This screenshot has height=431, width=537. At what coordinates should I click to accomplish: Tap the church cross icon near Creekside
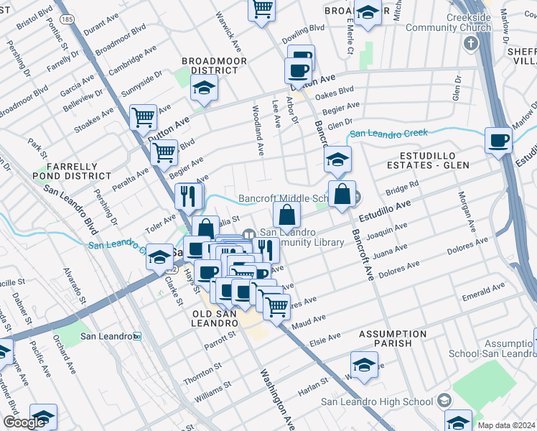tap(471, 44)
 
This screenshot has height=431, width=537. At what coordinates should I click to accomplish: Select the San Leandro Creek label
tap(388, 133)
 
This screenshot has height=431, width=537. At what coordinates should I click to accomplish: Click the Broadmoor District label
tap(210, 66)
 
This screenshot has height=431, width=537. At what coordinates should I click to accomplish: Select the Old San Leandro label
tap(215, 318)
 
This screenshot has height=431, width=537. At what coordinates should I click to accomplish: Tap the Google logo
tap(24, 422)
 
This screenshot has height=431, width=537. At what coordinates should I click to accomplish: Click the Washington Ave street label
tap(277, 399)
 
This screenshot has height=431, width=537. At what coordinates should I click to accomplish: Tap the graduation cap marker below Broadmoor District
tap(204, 88)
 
